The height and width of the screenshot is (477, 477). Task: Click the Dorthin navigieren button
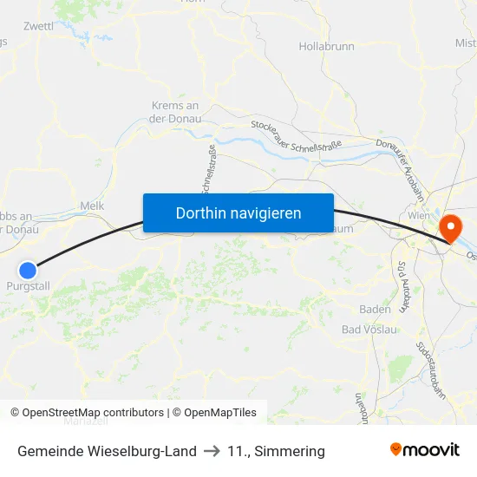click(238, 212)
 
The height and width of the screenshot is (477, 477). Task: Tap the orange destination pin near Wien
click(451, 228)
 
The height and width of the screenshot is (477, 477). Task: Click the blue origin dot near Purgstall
click(28, 270)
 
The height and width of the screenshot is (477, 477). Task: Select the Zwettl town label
click(39, 26)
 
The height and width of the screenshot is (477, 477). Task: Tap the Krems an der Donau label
click(176, 112)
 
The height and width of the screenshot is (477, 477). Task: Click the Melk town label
click(91, 206)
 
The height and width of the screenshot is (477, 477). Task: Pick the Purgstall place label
click(29, 285)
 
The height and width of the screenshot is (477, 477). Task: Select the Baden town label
click(375, 309)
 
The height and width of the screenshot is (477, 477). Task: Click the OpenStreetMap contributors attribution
click(87, 413)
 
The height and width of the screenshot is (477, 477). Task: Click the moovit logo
click(424, 450)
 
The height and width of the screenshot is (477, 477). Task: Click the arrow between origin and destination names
click(212, 451)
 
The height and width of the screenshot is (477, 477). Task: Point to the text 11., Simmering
click(276, 451)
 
